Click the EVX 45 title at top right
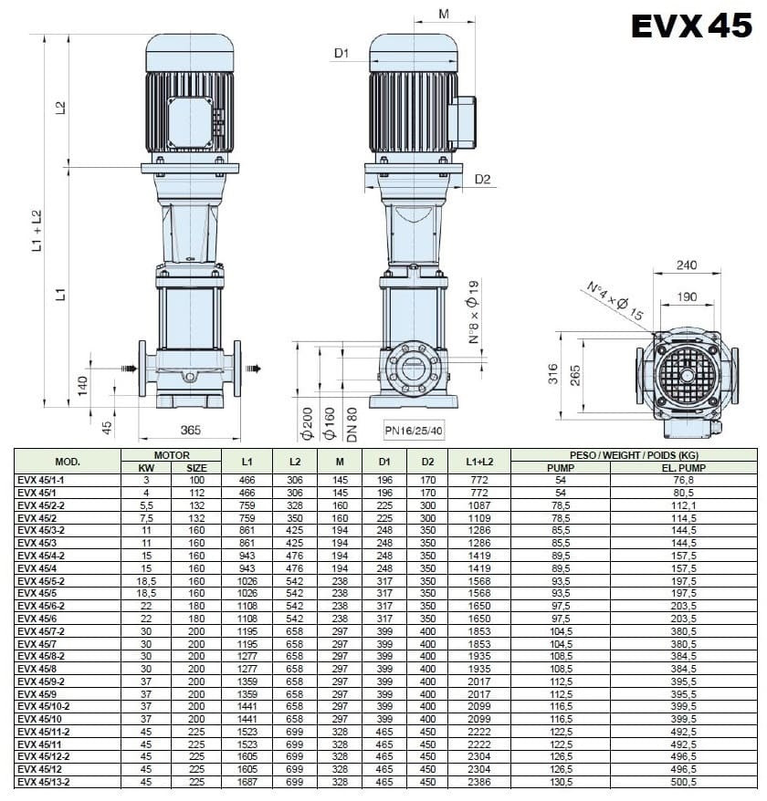pyautogui.click(x=691, y=26)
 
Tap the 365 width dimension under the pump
pyautogui.click(x=190, y=430)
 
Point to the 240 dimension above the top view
pyautogui.click(x=687, y=265)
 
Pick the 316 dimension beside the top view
pyautogui.click(x=552, y=374)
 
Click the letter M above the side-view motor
pyautogui.click(x=445, y=14)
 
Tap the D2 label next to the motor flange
pyautogui.click(x=482, y=179)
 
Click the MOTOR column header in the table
pyautogui.click(x=171, y=454)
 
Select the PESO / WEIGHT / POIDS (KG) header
pyautogui.click(x=633, y=454)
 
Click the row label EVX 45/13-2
pyautogui.click(x=45, y=782)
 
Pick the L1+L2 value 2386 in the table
pyautogui.click(x=478, y=782)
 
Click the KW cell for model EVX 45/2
pyautogui.click(x=144, y=517)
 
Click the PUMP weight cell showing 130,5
pyautogui.click(x=560, y=782)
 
